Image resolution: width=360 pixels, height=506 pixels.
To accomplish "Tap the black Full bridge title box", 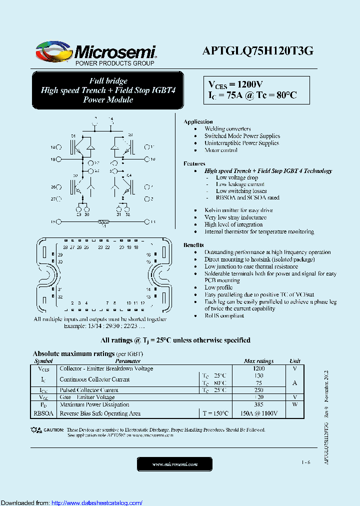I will [107, 90].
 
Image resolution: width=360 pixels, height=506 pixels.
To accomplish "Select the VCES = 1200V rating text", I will [235, 84].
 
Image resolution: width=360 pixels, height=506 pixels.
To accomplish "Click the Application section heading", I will [198, 121].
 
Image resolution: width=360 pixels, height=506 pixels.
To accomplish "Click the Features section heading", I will [194, 163].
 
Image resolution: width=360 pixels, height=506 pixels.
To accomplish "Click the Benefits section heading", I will [193, 245].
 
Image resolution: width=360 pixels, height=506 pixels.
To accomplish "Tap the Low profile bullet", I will [217, 287].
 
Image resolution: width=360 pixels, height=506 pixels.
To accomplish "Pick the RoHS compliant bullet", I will [224, 315].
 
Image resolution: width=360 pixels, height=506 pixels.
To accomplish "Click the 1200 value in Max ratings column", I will [258, 368].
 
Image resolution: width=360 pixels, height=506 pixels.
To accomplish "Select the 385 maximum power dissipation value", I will [258, 404].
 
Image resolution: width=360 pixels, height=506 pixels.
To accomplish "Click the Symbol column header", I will [43, 361].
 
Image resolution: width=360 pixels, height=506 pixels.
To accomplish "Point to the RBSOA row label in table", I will [43, 413].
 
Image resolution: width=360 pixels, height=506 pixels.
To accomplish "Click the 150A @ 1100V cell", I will [258, 413].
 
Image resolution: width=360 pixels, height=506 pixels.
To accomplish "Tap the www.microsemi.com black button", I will [174, 464].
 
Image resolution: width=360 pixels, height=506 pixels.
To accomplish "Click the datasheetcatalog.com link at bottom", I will [97, 502].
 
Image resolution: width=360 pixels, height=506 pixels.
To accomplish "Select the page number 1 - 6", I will [306, 462].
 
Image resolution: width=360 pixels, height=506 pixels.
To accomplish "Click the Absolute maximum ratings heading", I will [73, 353].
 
